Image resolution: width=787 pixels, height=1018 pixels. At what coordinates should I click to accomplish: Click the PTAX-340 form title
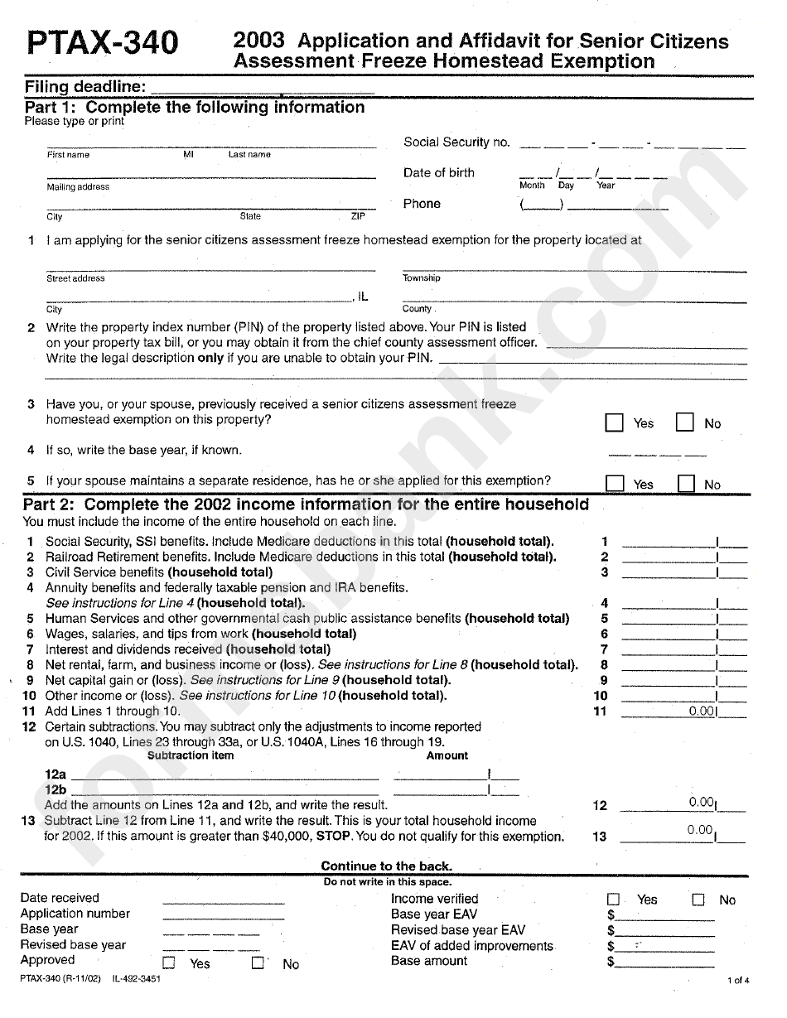point(102,42)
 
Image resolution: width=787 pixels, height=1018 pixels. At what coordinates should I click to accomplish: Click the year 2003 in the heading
point(258,40)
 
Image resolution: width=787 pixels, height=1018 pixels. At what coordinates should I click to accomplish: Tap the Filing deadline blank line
point(263,88)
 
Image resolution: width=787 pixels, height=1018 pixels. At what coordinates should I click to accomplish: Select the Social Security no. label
point(456,142)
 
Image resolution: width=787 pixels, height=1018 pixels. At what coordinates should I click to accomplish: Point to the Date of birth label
point(439,173)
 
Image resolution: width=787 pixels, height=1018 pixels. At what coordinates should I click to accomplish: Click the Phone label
point(422,204)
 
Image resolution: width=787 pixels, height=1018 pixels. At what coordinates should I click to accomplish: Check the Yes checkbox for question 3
point(614,423)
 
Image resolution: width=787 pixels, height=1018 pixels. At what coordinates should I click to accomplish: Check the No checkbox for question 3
point(684,423)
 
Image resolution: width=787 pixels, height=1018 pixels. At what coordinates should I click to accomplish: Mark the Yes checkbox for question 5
point(614,484)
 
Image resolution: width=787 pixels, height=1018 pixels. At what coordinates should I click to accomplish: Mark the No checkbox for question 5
point(686,484)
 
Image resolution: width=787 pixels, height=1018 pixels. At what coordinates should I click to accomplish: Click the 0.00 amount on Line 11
point(701,712)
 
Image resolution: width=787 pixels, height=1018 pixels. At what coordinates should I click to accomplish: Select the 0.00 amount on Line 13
point(700,831)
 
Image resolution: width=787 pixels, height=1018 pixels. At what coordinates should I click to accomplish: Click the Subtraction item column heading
point(191,755)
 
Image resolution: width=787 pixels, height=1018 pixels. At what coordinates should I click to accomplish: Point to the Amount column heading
point(447,755)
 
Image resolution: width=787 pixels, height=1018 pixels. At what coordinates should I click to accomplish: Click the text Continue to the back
point(387,866)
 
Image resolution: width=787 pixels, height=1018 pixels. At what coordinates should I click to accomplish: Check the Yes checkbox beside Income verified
point(614,900)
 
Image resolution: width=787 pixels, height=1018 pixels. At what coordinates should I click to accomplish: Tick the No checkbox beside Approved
point(258,963)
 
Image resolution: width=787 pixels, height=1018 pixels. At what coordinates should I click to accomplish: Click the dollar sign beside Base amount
point(611,963)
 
